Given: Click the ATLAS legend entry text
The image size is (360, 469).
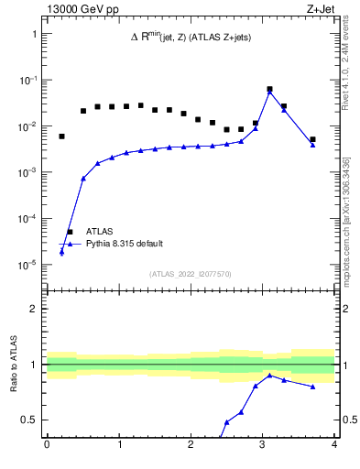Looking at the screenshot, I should pos(100,232).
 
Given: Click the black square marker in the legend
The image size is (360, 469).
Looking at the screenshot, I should pos(70,232).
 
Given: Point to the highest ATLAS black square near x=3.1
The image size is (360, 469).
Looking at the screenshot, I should pos(269,90).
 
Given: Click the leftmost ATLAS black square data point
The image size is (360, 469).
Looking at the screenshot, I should pos(61,136).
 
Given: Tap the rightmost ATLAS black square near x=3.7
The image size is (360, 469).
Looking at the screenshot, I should pos(312,139).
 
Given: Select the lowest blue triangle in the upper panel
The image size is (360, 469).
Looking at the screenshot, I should pos(61,252).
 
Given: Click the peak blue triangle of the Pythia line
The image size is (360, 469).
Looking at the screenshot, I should pos(269,93).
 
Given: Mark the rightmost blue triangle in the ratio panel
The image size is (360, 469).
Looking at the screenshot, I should pos(312,387).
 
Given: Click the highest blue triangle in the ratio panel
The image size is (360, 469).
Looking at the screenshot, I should pos(269,376).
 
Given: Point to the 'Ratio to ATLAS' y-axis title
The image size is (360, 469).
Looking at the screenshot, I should pos(15,366).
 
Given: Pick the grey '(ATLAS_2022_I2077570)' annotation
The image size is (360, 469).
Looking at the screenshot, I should pos(190,273).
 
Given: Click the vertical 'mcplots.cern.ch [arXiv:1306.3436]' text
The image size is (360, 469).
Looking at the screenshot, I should pos(346,220).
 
